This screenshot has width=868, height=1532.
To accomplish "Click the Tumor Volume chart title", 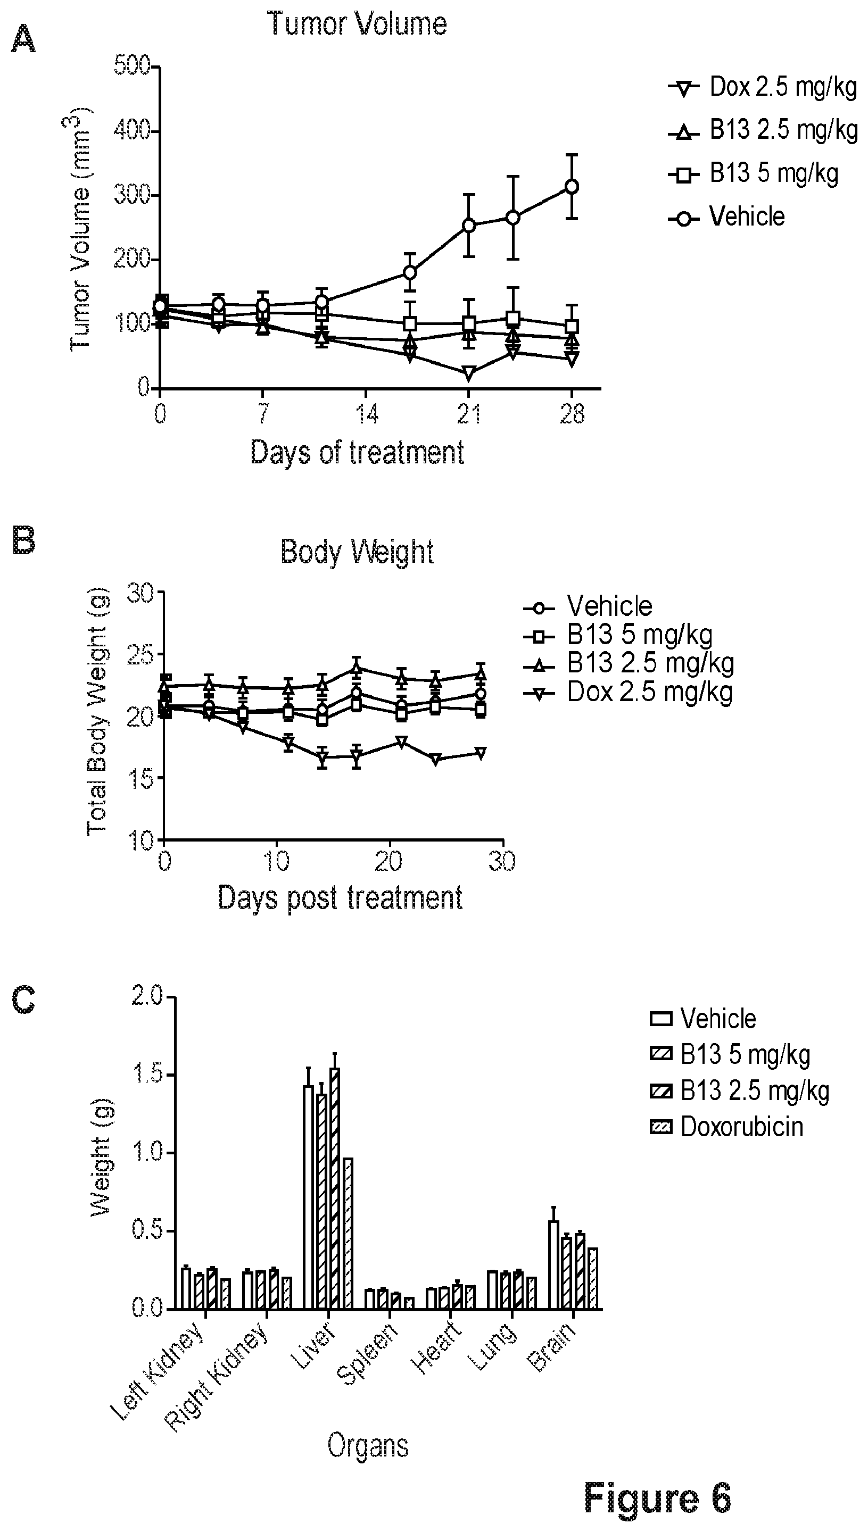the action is point(357,24).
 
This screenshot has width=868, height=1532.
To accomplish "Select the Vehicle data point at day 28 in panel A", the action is point(572,187).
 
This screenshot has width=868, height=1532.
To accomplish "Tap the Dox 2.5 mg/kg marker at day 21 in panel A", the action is point(468,373).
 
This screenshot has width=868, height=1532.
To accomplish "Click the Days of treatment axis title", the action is point(357,452).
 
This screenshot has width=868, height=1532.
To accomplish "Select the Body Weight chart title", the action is point(357,551).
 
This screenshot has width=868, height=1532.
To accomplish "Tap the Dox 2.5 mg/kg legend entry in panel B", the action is point(629,693).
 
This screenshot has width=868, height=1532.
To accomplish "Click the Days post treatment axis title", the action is point(340,897).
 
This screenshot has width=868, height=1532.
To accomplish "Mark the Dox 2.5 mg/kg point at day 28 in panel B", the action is point(480,754).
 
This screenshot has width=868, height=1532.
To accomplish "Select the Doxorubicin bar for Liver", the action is point(348,1234).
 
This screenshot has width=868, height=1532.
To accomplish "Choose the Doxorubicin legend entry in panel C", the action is point(727,1127).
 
